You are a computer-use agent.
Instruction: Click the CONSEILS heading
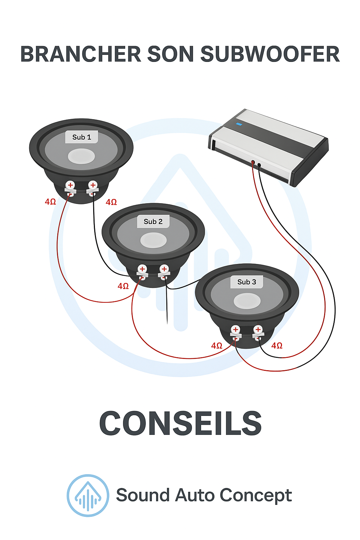[x=180, y=423]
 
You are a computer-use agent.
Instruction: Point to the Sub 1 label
[x=82, y=137]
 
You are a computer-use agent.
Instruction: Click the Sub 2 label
[x=153, y=221]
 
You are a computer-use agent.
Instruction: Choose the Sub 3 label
[x=246, y=282]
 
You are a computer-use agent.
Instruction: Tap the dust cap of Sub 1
[x=81, y=156]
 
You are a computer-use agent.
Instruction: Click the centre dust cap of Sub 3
[x=247, y=301]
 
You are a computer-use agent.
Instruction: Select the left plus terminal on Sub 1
[x=70, y=185]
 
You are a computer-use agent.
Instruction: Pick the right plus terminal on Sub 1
[x=93, y=185]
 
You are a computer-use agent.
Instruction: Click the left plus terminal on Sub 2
[x=142, y=269]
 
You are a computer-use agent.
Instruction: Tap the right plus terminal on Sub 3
[x=258, y=329]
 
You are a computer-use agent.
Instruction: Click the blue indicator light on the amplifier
[x=239, y=124]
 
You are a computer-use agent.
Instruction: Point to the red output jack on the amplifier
[x=253, y=162]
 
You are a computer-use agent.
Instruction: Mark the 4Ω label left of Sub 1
[x=50, y=202]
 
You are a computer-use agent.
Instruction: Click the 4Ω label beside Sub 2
[x=123, y=286]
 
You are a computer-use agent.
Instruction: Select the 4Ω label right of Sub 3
[x=277, y=346]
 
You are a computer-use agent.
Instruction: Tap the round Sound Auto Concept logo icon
[x=88, y=495]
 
